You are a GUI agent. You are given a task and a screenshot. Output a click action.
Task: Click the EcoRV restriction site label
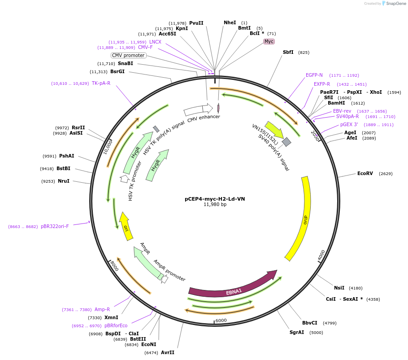[365, 173]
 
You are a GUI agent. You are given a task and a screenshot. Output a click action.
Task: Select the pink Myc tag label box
[269, 41]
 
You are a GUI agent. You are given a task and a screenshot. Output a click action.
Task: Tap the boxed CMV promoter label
[128, 56]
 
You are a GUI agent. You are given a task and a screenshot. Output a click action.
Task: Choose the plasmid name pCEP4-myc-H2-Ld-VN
[215, 199]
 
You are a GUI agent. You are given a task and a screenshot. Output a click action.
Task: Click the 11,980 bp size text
[215, 205]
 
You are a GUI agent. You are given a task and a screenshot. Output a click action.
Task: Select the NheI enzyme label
[230, 22]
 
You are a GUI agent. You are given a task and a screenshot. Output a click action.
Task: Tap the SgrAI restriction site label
[297, 333]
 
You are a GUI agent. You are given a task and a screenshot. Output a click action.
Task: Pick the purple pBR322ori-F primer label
[55, 226]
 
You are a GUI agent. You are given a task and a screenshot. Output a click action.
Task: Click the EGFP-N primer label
[314, 75]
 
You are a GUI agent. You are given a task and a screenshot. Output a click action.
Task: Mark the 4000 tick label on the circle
[321, 255]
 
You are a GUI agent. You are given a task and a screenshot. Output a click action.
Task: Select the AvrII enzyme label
[168, 352]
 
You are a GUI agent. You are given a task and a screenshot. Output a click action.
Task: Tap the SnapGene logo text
[396, 4]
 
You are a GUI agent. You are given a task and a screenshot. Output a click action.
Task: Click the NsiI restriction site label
[339, 288]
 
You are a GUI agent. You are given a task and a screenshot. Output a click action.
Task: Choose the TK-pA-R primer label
[101, 83]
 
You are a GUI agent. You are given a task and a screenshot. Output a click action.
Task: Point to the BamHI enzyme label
[336, 103]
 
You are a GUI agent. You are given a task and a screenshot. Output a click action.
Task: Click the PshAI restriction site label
[66, 156]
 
